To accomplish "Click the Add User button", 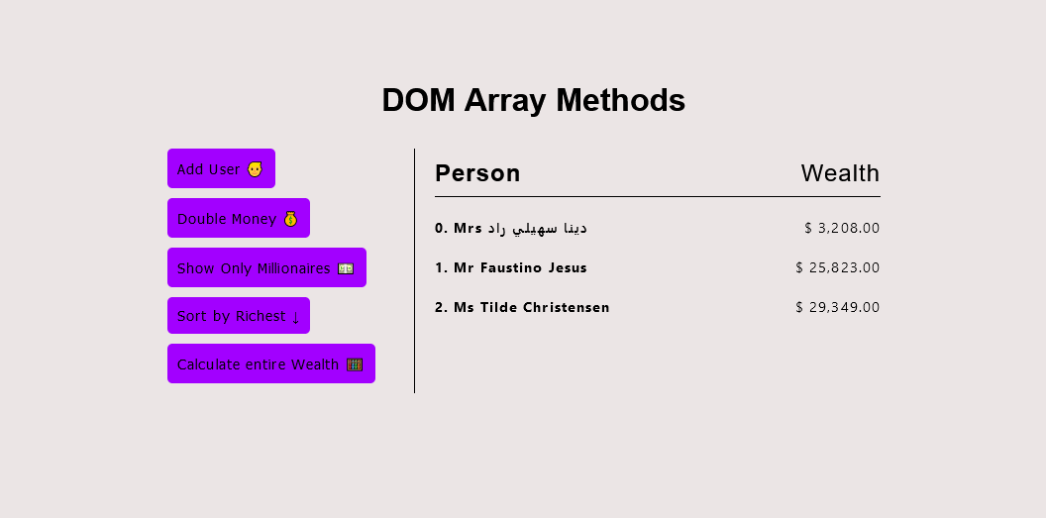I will (x=221, y=168).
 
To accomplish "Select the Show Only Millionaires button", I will (x=266, y=267).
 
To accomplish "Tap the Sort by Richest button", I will (x=238, y=316).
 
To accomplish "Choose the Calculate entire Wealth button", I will (x=270, y=363).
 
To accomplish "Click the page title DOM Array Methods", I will (x=533, y=100).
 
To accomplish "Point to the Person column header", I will (x=477, y=173).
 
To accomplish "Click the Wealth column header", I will (x=840, y=173).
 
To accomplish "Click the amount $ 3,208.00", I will (x=842, y=228).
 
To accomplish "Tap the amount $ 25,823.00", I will (x=837, y=267).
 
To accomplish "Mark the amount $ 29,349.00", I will (x=837, y=307).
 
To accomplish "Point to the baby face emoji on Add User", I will (x=255, y=169).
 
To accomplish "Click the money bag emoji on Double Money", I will (x=290, y=219).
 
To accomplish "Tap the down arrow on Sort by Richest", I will (x=295, y=317).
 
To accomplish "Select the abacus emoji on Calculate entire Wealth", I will (x=355, y=364).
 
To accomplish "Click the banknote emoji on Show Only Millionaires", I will (x=346, y=268).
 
